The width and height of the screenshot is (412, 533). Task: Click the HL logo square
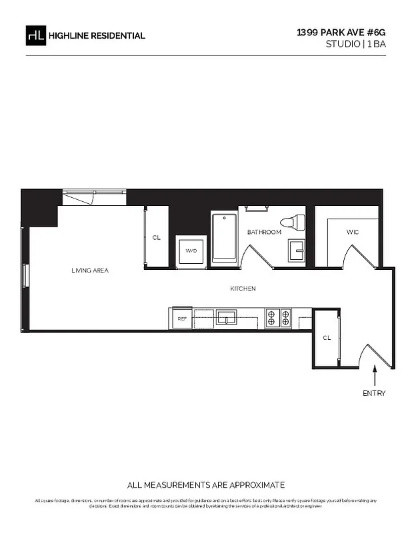pos(36,35)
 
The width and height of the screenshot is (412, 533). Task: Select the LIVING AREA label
pos(90,270)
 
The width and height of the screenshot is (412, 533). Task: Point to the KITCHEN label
pos(243,288)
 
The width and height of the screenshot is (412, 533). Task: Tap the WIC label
pos(353,233)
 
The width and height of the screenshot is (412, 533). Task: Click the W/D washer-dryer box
pos(191,251)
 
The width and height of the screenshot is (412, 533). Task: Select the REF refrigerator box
pos(182,319)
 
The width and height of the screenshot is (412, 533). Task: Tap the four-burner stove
pos(278,317)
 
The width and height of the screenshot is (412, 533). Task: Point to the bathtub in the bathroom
pos(224,238)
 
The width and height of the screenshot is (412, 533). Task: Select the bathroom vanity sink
pos(297,251)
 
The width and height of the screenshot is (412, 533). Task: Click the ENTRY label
pos(374,393)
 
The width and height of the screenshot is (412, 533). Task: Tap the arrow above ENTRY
pos(374,373)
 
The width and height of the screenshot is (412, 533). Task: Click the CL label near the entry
pos(327,338)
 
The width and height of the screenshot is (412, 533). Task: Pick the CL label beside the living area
pos(157,237)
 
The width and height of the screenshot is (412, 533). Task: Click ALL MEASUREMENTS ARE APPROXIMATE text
pos(206,485)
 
